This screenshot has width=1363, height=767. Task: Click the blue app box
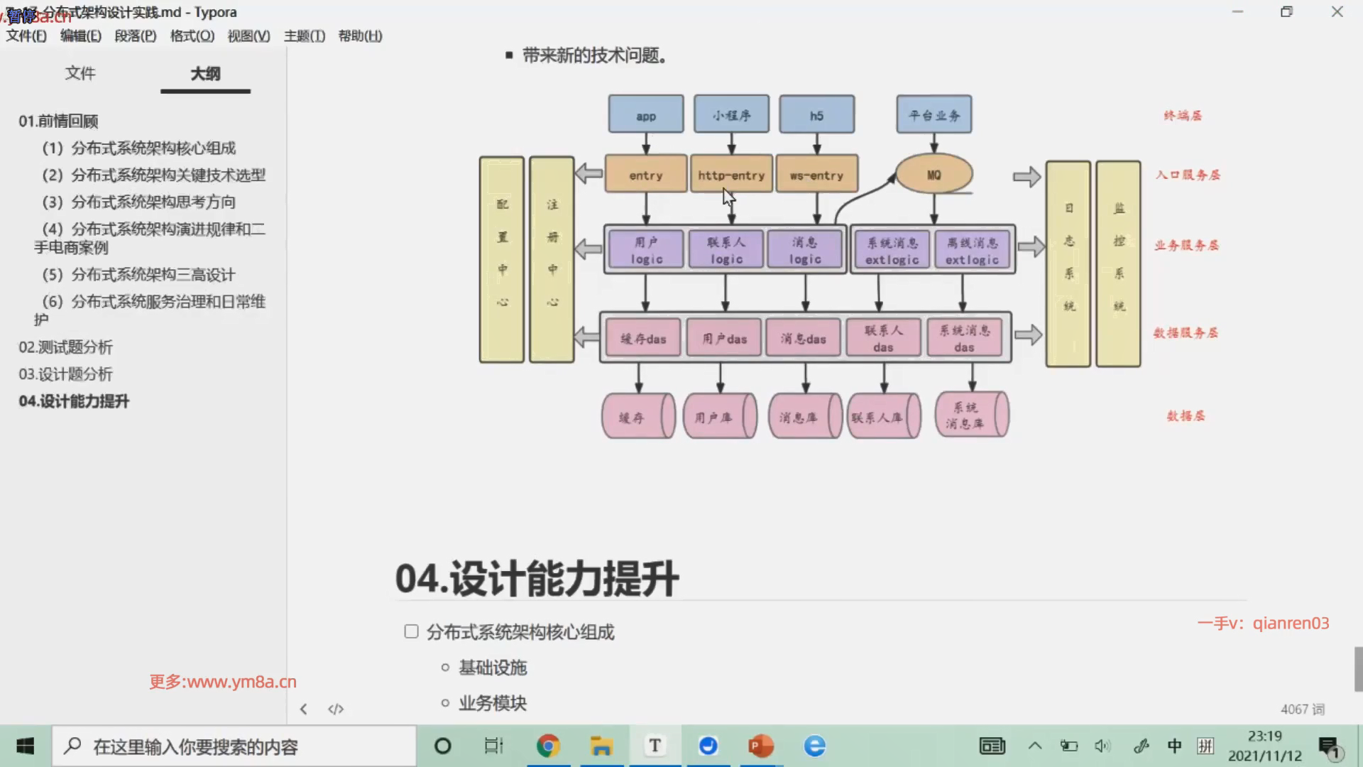point(645,114)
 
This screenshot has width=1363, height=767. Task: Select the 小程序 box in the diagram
point(731,114)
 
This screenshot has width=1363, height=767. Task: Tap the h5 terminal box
point(816,114)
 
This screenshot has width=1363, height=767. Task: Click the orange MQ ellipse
point(934,174)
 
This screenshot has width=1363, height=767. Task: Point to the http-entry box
point(730,174)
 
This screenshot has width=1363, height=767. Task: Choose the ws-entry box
point(816,174)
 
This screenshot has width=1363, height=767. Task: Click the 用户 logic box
point(646,250)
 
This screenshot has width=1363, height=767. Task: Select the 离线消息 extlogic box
point(972,250)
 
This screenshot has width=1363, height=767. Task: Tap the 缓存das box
point(643,338)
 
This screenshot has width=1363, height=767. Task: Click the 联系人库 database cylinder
point(883,417)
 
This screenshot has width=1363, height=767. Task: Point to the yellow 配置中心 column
point(502,259)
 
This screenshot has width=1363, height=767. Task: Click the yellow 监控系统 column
point(1118,263)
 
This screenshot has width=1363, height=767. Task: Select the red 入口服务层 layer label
point(1187,175)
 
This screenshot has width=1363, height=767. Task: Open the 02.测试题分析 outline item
point(65,347)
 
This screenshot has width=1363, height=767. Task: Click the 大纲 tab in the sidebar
point(205,73)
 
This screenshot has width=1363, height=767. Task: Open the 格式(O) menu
point(192,36)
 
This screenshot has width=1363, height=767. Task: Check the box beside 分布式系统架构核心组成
point(411,631)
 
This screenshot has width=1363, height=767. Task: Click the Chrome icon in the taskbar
point(548,746)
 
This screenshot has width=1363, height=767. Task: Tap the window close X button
point(1337,12)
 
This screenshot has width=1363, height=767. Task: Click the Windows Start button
point(26,746)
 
